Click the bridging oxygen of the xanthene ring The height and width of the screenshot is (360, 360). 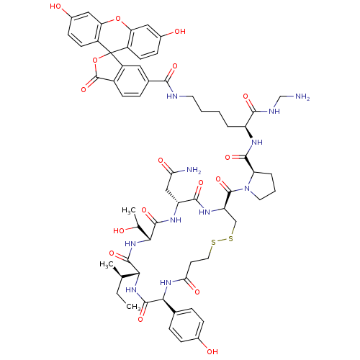(117, 19)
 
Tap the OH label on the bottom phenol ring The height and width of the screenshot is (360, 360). (212, 352)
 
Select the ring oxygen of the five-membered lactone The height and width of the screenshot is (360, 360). (95, 60)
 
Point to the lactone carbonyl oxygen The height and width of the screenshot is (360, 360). (84, 90)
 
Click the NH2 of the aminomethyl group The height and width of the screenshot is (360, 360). (302, 96)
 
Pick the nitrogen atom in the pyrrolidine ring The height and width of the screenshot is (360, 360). (247, 189)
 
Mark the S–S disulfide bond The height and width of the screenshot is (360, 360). (222, 240)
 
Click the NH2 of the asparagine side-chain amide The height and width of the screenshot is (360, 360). (194, 170)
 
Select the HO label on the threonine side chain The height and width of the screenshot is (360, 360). (119, 230)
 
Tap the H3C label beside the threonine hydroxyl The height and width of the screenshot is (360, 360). (129, 210)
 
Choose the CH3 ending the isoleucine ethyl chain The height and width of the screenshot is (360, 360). (133, 307)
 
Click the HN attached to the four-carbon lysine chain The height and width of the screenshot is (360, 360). (172, 96)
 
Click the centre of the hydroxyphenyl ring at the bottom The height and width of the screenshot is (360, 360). (186, 325)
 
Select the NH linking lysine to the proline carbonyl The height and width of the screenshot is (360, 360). (256, 143)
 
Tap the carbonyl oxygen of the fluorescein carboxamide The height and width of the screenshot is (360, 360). (175, 66)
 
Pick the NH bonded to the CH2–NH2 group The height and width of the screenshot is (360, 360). (274, 111)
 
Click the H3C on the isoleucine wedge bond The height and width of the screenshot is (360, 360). (107, 264)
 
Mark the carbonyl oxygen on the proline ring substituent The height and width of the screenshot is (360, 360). (228, 158)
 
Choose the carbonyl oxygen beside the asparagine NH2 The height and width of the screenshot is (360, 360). (161, 161)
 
